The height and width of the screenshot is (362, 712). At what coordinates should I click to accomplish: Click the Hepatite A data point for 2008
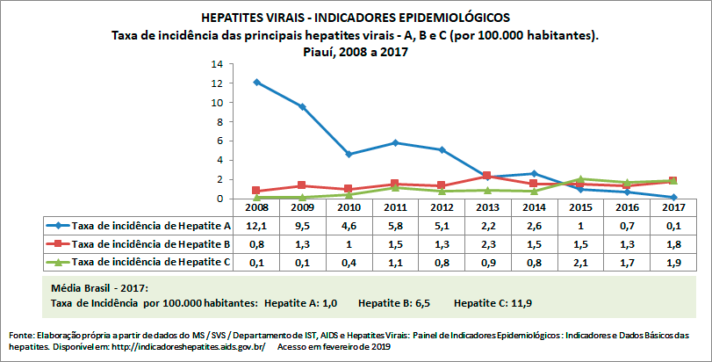tap(256, 82)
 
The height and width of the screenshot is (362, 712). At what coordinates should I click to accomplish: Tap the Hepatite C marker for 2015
tap(580, 178)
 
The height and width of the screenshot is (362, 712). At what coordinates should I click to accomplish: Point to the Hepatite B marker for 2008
tap(256, 191)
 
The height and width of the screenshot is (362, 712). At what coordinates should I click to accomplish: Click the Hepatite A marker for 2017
tap(672, 198)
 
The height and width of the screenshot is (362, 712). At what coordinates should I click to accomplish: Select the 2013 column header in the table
tap(487, 208)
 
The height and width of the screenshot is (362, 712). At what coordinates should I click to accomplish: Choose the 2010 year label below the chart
tap(349, 208)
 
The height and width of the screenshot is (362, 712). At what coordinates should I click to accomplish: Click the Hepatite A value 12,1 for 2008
tap(256, 225)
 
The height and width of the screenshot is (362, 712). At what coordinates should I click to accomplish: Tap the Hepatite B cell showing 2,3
tap(487, 243)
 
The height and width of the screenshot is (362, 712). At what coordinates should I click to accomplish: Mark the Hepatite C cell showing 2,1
tap(580, 261)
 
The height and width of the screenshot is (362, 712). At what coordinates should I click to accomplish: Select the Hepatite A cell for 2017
tap(672, 225)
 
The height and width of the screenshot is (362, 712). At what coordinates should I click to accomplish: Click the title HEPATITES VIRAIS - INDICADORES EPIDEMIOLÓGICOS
tap(355, 18)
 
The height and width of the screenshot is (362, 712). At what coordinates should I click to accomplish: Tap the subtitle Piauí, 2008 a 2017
tap(355, 51)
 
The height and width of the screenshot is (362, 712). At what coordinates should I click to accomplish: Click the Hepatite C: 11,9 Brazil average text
tap(493, 303)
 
